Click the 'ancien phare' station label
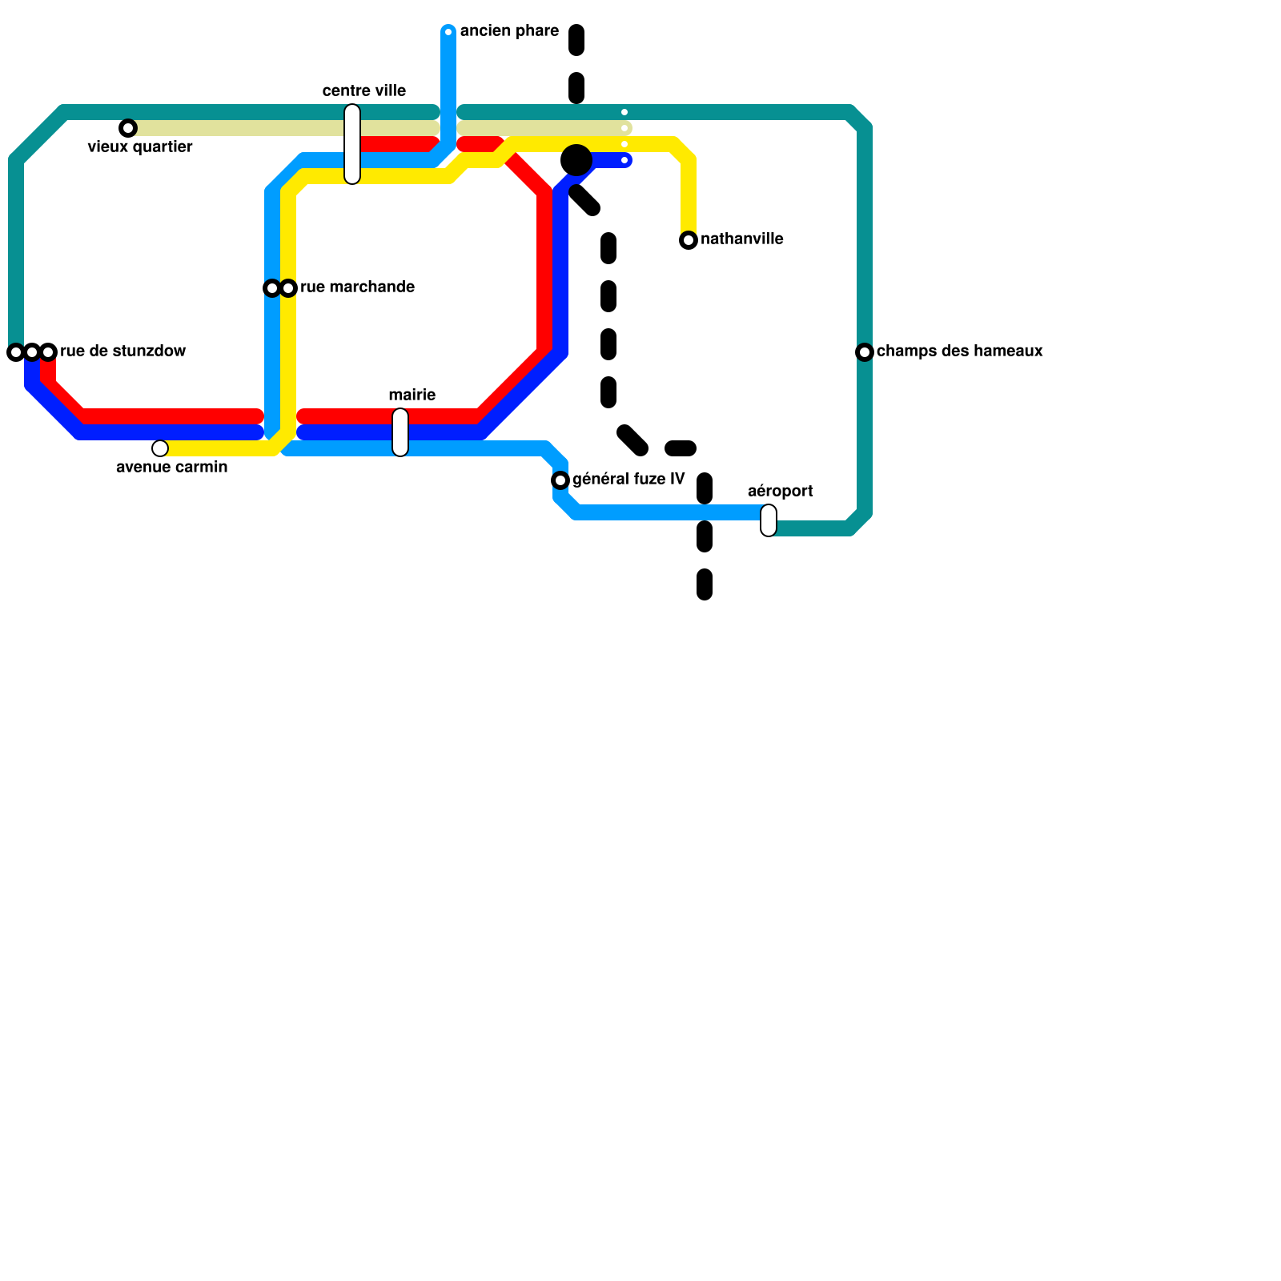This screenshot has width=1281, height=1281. pos(509,31)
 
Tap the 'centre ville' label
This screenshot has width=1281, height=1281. pos(364,91)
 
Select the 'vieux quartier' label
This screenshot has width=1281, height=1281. pos(140,147)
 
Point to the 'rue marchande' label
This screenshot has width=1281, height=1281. pos(357,287)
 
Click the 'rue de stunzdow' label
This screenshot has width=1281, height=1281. pos(123,351)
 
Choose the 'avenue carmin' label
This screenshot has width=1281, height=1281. pos(172,468)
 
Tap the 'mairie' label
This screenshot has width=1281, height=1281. pos(412,396)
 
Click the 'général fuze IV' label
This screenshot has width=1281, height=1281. pos(628,480)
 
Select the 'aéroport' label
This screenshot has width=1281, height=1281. pos(781,492)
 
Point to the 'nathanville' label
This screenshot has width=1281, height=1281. pos(742,239)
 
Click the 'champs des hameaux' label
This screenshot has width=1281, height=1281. pos(960,351)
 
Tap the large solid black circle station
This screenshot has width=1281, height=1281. pos(576,160)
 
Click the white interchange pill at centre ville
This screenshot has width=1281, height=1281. pos(352,144)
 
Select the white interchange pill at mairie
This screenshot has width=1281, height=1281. pos(400,432)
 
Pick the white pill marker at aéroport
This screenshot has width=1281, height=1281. pos(769,520)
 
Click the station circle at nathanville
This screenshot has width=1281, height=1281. pos(689,240)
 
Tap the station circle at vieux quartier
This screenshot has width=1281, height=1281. pos(128,128)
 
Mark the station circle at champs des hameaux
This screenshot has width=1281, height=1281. pos(865,352)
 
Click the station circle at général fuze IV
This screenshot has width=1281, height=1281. pos(560,480)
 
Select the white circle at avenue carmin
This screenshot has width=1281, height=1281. pos(160,448)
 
